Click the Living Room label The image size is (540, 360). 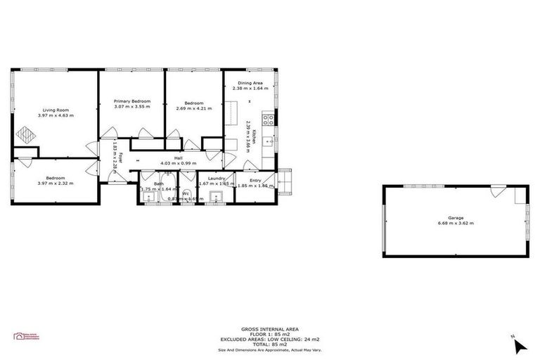point(56,110)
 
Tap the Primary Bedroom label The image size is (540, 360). point(132,102)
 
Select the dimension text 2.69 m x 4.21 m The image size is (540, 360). point(189,108)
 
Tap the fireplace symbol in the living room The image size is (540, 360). point(26,134)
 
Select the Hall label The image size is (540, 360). point(179,158)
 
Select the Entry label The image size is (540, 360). point(255,180)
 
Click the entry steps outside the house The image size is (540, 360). point(284,182)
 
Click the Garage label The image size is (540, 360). point(456,218)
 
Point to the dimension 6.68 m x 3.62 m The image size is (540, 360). point(456,224)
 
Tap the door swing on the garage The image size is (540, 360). point(497,191)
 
